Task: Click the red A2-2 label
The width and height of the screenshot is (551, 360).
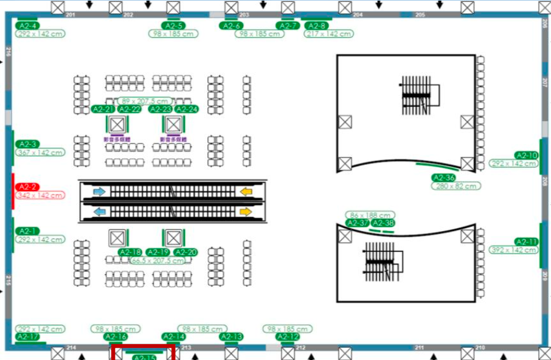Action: coord(27,187)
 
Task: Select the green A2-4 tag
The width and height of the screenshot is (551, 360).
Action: coord(27,26)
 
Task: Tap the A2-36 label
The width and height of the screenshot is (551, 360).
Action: coord(443,178)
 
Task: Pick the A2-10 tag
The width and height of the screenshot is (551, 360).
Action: coord(526,156)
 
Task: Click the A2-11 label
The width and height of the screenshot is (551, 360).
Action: coord(526,242)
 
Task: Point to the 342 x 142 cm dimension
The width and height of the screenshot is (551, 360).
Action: coord(40,195)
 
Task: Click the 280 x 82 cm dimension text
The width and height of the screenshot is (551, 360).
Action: coord(456,186)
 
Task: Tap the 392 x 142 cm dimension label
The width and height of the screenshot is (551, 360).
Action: coord(514,250)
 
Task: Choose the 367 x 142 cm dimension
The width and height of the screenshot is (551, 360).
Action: coord(40,153)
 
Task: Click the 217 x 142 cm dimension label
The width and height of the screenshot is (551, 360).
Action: coord(329,34)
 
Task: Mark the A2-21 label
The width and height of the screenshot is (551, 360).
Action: coord(103,109)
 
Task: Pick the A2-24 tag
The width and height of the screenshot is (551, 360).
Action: coord(187,109)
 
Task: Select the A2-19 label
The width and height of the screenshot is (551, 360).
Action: coord(158,252)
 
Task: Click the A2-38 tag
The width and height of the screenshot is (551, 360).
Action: coord(383,223)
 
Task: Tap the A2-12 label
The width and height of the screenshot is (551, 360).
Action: coord(287,337)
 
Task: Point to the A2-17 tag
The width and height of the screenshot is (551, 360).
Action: coord(27,337)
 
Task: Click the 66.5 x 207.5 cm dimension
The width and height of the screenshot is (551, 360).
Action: coord(158,260)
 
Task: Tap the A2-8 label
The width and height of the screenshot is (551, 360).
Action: coord(316,26)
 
